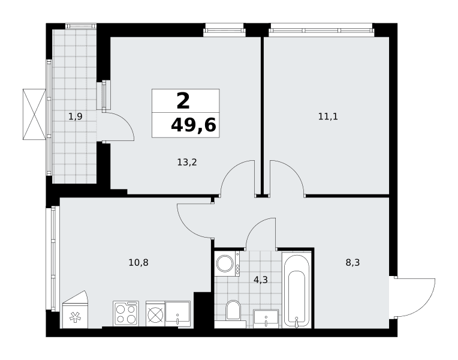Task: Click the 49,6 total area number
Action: pos(194,125)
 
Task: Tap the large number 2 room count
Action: pos(183,101)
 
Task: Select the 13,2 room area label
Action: pos(187,162)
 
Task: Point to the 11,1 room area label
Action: pos(328,116)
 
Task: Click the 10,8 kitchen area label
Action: pos(138,263)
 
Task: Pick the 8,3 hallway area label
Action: pos(352,263)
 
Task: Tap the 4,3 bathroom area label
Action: pos(261,280)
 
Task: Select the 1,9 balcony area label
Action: pos(76,116)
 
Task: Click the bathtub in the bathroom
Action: pos(296,290)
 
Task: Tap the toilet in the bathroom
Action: pos(233,311)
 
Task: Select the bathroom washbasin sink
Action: pos(266,318)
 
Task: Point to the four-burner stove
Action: pos(126,313)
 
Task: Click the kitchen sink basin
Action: pos(177,314)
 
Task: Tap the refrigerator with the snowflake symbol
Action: pos(75,310)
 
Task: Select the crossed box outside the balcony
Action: pos(34,115)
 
